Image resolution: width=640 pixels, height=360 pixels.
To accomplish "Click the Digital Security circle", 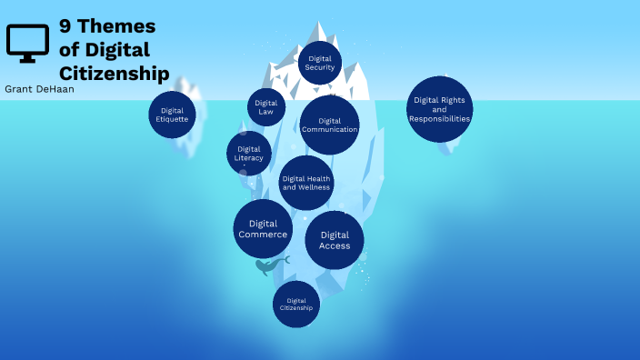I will click(319, 63).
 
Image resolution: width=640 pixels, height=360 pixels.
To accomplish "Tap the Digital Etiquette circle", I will click(173, 115).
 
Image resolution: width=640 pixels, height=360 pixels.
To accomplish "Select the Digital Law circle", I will click(266, 107).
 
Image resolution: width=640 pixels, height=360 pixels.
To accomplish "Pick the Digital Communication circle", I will click(329, 125).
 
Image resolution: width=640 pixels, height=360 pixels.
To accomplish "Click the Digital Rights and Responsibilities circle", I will click(439, 109).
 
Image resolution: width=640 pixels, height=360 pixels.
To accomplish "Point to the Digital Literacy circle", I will click(249, 153).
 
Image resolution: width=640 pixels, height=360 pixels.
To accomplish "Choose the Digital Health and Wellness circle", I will click(306, 183).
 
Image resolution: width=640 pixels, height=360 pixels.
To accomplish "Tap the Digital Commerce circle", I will click(263, 229).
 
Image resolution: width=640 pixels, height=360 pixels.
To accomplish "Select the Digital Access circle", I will click(335, 240).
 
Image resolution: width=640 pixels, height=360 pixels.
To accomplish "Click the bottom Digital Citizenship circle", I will click(296, 304).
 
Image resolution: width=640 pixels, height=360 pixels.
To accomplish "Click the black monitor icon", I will click(26, 43).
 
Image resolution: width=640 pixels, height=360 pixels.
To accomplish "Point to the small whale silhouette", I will click(269, 265).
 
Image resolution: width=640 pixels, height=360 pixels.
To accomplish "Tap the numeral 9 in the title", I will click(65, 26).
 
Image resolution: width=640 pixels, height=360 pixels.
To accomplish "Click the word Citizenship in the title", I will click(114, 72).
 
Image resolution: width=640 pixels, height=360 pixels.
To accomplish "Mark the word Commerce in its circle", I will click(263, 235).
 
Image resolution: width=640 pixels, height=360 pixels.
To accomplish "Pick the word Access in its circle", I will click(335, 245).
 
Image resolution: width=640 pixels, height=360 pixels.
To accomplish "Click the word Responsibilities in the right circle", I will click(439, 119).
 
